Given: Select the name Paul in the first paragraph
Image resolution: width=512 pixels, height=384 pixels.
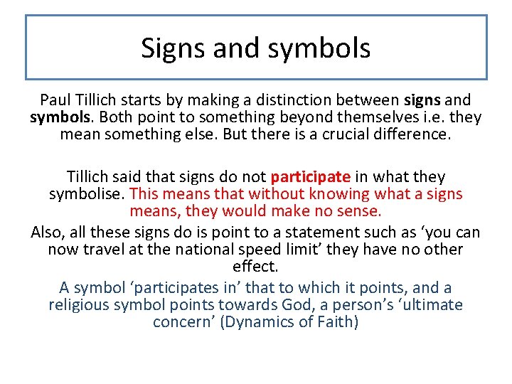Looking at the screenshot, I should tap(55, 100).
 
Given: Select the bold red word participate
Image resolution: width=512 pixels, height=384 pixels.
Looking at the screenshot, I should tap(310, 177).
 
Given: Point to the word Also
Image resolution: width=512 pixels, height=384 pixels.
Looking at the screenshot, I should tap(48, 233).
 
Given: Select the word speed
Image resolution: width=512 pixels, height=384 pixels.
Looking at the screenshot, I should tap(304, 250).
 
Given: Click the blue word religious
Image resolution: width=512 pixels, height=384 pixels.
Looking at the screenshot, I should tap(79, 305).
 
